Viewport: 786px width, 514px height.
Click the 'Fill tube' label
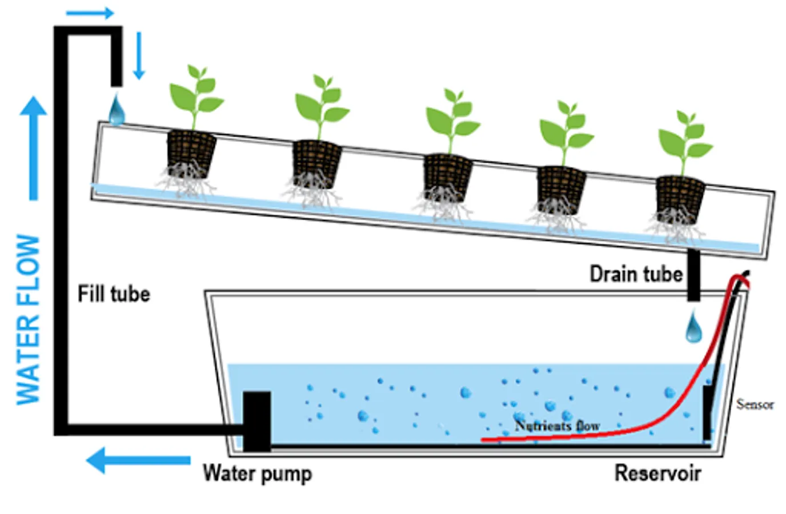pyautogui.click(x=114, y=294)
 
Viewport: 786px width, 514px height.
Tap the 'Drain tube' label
pyautogui.click(x=636, y=274)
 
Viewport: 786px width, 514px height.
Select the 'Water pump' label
pyautogui.click(x=258, y=473)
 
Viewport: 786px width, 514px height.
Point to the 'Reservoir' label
pyautogui.click(x=657, y=473)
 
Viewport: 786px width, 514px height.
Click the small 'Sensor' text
pyautogui.click(x=755, y=404)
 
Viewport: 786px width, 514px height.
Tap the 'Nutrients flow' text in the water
pyautogui.click(x=557, y=425)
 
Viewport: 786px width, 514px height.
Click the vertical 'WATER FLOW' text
pyautogui.click(x=28, y=320)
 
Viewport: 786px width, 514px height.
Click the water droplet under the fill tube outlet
pyautogui.click(x=117, y=110)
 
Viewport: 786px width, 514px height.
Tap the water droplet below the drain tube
pyautogui.click(x=693, y=327)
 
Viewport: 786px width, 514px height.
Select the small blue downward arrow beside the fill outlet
pyautogui.click(x=138, y=56)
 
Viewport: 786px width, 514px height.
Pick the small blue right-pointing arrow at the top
pyautogui.click(x=90, y=13)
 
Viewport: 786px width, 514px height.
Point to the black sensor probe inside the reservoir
pyautogui.click(x=707, y=411)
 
